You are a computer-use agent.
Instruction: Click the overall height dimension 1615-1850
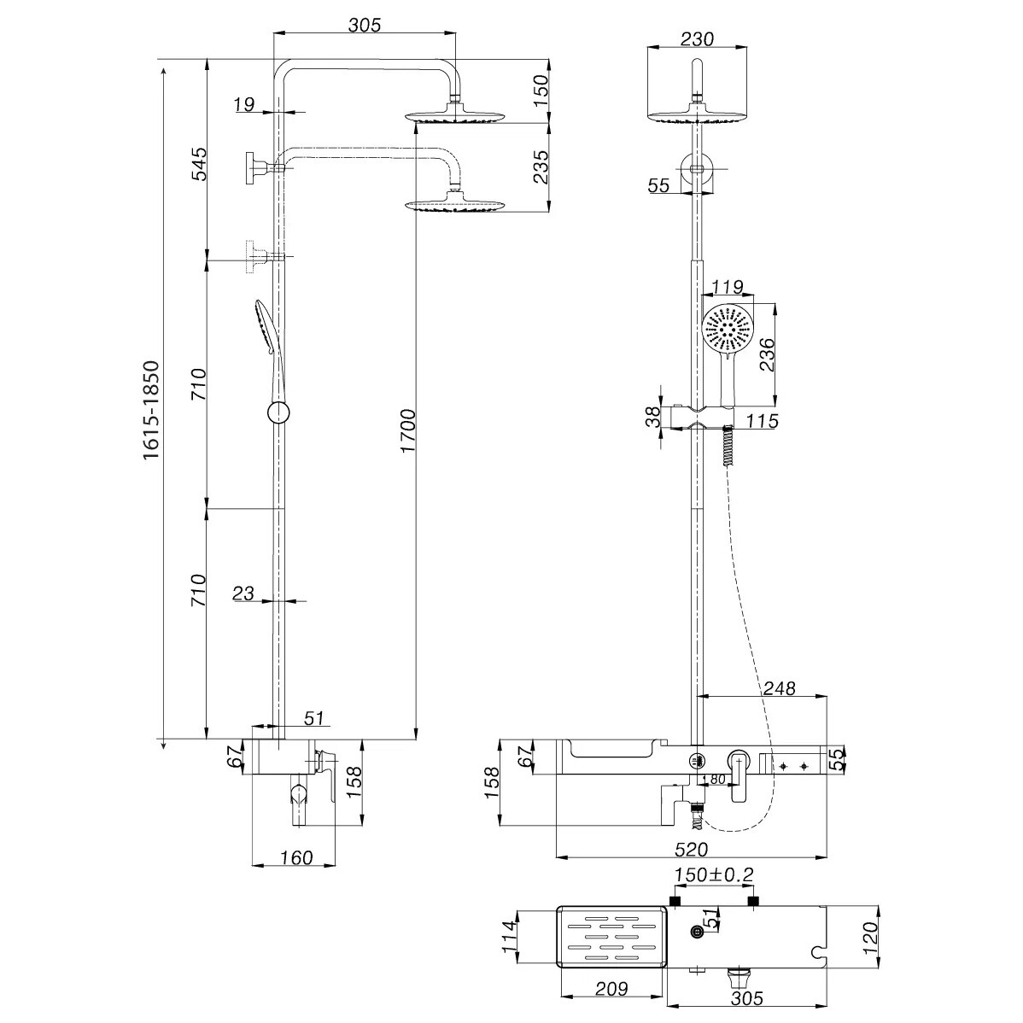tap(151, 410)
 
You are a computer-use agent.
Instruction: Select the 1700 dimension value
tap(408, 431)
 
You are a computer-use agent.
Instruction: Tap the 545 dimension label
tap(199, 164)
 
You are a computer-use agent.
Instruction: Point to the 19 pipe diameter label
tap(244, 104)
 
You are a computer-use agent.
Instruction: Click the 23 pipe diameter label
tap(243, 593)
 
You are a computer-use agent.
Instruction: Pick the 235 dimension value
tap(541, 167)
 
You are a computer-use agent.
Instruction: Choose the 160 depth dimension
tap(297, 857)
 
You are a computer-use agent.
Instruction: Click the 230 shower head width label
tap(697, 39)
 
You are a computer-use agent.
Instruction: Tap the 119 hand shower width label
tap(727, 286)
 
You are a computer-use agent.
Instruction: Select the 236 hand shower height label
tap(767, 354)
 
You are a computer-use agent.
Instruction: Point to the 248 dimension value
tap(780, 687)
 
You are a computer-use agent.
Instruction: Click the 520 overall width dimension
tap(691, 849)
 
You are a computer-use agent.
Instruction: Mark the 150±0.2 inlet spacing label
tap(714, 874)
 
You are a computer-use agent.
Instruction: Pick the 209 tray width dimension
tap(611, 989)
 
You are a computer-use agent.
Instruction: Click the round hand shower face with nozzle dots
tap(728, 330)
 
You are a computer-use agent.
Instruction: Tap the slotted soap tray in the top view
tap(611, 936)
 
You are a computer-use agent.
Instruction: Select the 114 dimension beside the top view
tap(510, 936)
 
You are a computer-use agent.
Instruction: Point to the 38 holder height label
tap(652, 417)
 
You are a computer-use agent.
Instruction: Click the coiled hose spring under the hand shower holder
tap(726, 446)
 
